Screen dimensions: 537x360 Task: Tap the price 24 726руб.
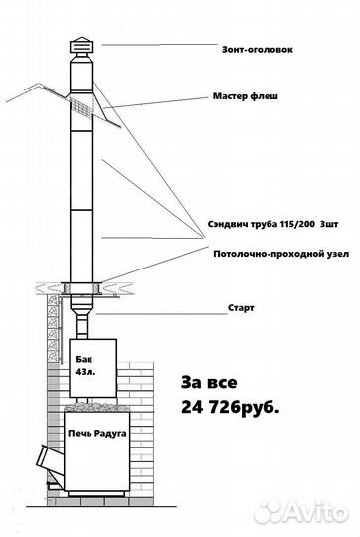click(230, 408)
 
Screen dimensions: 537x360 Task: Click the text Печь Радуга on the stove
click(96, 433)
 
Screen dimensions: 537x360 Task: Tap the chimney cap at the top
click(81, 47)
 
